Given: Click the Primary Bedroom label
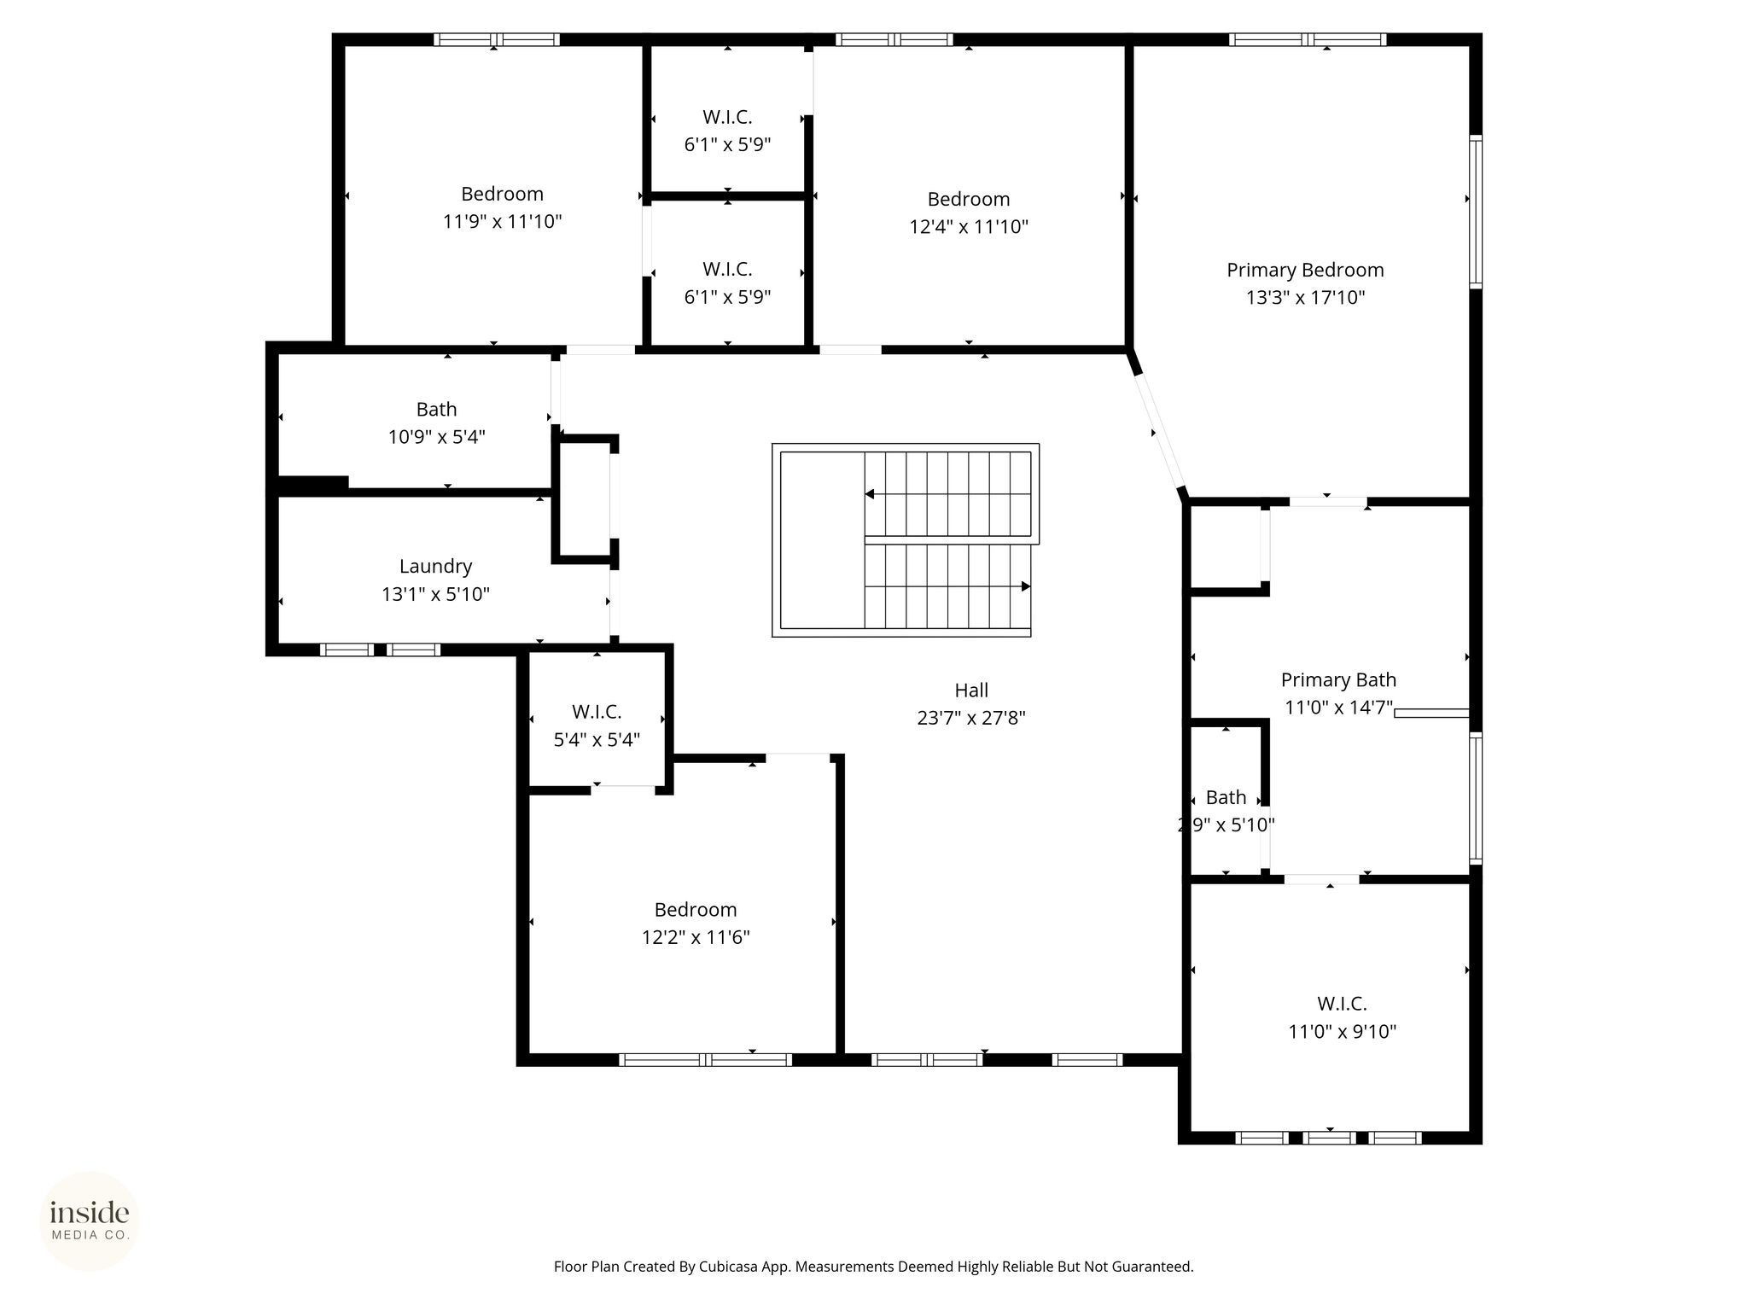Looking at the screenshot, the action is point(1305,270).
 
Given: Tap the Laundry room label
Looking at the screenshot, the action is point(435,566).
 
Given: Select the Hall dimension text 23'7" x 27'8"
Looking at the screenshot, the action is point(971,718).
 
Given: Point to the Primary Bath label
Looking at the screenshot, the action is point(1338,679).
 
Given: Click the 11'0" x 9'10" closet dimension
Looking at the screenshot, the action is point(1342,1031).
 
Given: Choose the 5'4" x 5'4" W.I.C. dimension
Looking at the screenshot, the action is point(597,739).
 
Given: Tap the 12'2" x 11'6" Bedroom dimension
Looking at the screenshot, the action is point(696,937).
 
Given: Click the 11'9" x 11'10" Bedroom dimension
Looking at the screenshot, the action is point(502,222).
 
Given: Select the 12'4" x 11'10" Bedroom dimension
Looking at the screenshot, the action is point(969,227).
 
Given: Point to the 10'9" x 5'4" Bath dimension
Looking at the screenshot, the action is point(436,437).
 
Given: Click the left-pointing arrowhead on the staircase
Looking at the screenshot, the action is point(869,494).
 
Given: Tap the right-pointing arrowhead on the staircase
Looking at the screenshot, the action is point(1026,586).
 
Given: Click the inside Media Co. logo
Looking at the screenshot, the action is point(90,1221).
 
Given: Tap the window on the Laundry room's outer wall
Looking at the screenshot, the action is point(380,650).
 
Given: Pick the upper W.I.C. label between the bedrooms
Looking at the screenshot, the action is point(727,117).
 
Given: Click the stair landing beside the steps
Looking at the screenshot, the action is point(822,540).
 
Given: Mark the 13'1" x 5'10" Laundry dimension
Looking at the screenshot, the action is point(435,594).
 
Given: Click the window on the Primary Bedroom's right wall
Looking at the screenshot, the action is point(1475,211).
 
